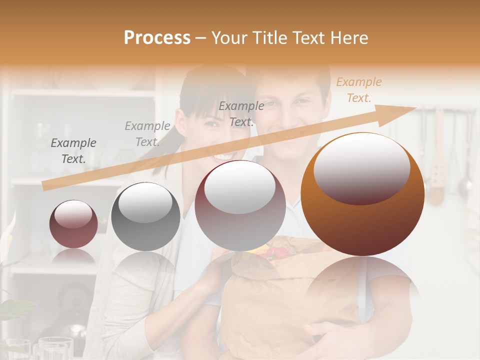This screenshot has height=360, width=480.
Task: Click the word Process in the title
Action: (157, 38)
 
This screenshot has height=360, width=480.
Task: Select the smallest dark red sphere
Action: (73, 224)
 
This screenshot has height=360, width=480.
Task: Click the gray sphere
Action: (145, 216)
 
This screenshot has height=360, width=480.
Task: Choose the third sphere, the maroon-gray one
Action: (240, 205)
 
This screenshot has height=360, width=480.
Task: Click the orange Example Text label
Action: (358, 90)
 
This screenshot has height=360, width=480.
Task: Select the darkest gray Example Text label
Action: (73, 151)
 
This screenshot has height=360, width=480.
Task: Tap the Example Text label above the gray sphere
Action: (147, 133)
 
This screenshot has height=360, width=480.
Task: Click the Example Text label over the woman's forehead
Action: (241, 114)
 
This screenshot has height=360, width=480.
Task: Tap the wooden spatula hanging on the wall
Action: (437, 170)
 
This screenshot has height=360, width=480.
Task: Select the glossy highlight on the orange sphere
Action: (361, 168)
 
